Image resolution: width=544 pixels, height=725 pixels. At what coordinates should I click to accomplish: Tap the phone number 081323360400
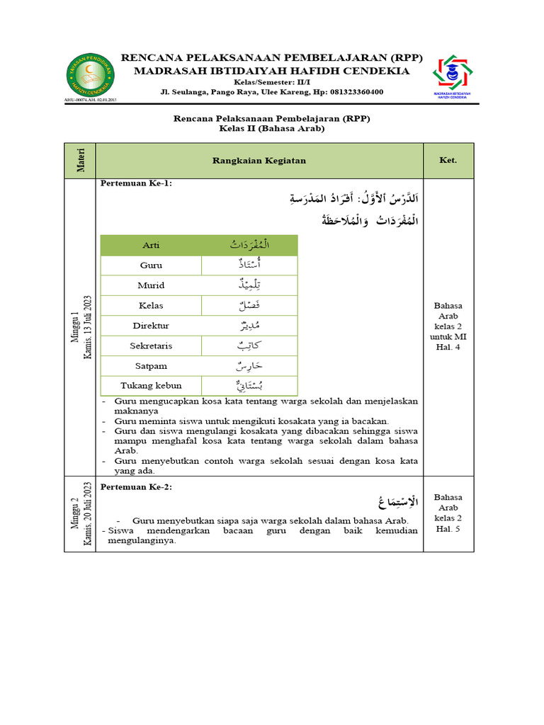349,92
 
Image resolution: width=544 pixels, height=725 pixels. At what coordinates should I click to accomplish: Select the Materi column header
79,161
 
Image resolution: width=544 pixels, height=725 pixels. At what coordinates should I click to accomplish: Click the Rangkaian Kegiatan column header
259,161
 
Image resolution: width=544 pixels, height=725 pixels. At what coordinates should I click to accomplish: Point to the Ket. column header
449,161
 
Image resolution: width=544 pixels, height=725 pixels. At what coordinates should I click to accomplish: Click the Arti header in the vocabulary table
151,245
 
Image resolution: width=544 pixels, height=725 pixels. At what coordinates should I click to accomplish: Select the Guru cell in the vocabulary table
151,266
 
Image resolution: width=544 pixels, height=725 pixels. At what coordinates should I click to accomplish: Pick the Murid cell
151,285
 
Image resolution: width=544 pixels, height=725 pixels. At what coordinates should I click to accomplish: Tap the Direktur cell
151,326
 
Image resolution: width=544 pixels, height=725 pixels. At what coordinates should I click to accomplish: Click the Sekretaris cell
151,346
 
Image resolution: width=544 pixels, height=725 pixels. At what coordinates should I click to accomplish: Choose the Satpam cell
151,366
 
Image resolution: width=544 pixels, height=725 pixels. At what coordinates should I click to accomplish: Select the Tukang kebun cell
151,386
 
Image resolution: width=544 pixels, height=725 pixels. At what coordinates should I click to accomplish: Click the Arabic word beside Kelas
249,305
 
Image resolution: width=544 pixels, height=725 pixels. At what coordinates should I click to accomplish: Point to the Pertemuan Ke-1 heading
137,184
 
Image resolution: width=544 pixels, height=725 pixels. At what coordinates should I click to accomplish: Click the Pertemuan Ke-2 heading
137,487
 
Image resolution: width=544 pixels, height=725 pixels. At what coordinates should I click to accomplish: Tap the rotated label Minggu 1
74,327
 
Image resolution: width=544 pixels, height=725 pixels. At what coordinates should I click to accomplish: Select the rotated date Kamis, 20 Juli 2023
88,515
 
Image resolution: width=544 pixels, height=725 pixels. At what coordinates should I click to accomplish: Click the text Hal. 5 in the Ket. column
449,528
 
